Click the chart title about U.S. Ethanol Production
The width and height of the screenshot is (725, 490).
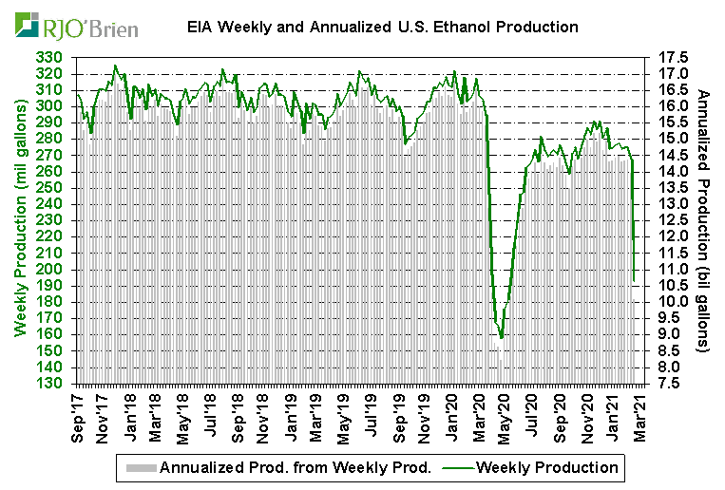(x=383, y=27)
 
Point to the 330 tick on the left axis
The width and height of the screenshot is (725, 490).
(x=51, y=58)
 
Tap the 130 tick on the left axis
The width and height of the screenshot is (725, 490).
(x=51, y=383)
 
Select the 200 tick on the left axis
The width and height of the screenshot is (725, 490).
(x=51, y=269)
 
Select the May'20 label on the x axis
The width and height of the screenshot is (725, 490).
(x=506, y=418)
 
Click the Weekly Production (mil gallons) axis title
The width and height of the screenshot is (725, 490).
(x=19, y=220)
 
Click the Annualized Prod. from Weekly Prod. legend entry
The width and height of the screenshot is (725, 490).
(x=296, y=467)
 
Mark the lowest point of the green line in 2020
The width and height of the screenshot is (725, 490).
(x=501, y=337)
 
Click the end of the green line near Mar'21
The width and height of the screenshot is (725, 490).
(x=635, y=279)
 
